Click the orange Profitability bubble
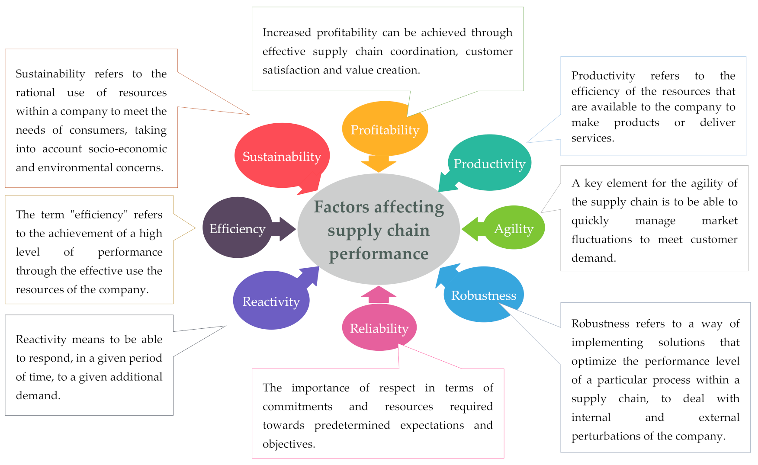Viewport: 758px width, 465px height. (x=385, y=129)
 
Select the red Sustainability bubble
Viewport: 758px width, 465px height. (x=282, y=156)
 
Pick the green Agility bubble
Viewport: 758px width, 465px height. (x=514, y=228)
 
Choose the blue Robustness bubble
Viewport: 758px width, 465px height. (x=483, y=295)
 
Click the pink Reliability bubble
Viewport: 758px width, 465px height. (x=379, y=328)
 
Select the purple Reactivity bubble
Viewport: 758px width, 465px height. (x=271, y=301)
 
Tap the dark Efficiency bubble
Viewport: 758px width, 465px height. (x=237, y=228)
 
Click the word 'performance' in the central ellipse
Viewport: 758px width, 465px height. (x=379, y=253)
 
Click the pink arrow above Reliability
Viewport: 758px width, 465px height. (x=379, y=294)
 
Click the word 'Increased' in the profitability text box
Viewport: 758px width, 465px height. (x=286, y=32)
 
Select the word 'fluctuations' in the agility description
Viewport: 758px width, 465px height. (x=601, y=239)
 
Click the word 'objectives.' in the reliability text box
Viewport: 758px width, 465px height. (x=289, y=444)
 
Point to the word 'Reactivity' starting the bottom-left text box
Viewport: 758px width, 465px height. (x=41, y=339)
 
